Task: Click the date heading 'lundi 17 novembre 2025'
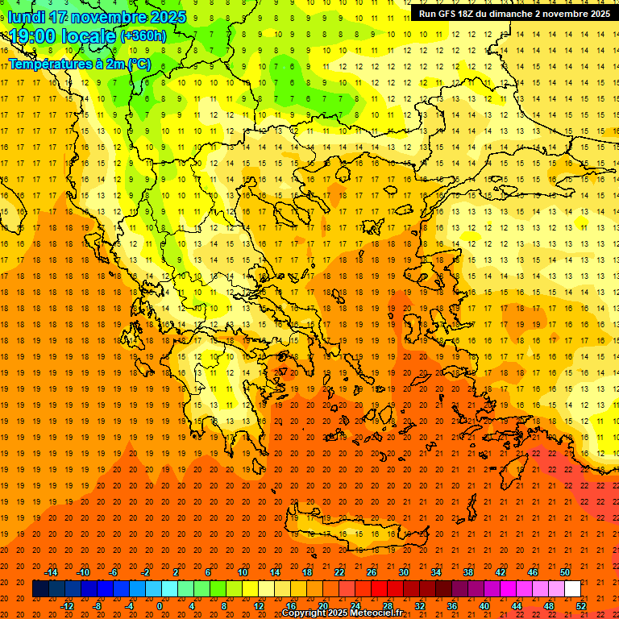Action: [x=97, y=17]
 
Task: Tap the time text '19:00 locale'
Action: [x=63, y=36]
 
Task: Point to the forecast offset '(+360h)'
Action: [x=143, y=36]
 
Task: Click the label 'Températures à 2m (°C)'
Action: [x=79, y=64]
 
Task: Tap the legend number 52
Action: [x=582, y=606]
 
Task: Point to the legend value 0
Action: [x=160, y=606]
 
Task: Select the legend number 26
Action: [x=371, y=572]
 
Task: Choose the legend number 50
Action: [x=564, y=572]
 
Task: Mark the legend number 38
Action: [x=467, y=572]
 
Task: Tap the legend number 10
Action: [x=242, y=572]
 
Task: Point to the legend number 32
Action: [x=420, y=606]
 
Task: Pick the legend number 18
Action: [x=306, y=572]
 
